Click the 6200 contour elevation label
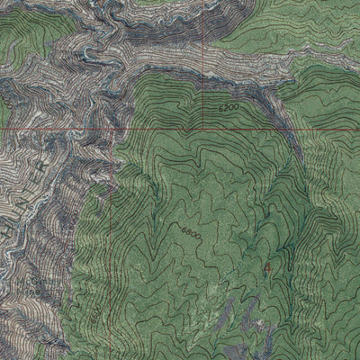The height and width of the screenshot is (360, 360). [229, 107]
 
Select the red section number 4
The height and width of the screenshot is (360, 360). [267, 268]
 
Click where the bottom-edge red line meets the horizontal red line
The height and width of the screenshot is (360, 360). [109, 128]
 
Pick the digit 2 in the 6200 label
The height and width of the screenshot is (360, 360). [226, 107]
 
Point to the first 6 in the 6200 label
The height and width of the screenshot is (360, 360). [220, 107]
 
